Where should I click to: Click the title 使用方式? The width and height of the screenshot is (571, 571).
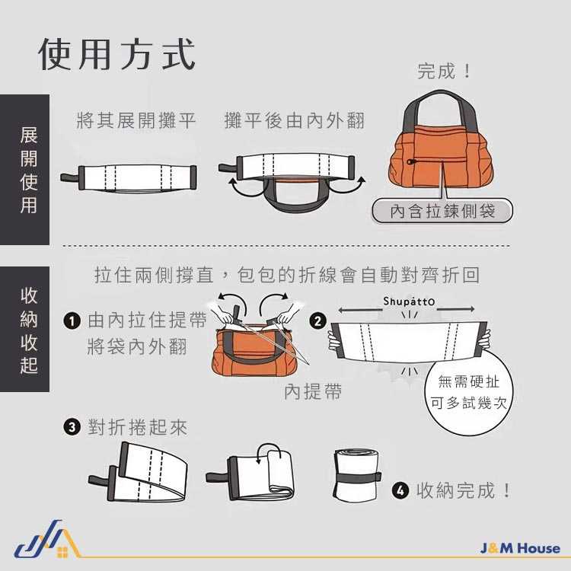[x=116, y=54]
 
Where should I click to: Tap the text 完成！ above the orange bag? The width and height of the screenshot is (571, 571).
[x=444, y=71]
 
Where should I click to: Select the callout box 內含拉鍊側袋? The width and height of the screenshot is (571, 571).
[x=442, y=210]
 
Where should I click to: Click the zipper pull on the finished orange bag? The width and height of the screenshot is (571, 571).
[x=410, y=161]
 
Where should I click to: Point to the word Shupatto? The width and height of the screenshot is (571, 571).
[x=409, y=301]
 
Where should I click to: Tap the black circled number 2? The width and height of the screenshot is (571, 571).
[x=317, y=321]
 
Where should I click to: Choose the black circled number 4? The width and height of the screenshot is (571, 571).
[x=400, y=490]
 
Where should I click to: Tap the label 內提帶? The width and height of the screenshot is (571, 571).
[x=313, y=392]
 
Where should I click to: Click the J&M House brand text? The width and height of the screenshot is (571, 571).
[x=520, y=548]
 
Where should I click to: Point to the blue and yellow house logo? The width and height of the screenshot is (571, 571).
[x=47, y=539]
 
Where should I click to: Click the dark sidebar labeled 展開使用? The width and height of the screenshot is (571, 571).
[x=25, y=170]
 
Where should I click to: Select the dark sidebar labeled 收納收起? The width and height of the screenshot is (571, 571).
[x=25, y=329]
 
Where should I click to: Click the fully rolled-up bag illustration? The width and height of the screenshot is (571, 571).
[x=357, y=476]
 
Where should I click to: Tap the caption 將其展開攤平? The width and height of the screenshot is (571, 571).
[x=136, y=120]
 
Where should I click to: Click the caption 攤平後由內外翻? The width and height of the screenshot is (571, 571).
[x=294, y=120]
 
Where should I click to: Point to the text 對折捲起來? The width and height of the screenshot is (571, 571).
[x=138, y=427]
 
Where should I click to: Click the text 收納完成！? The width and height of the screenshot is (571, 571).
[x=463, y=490]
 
